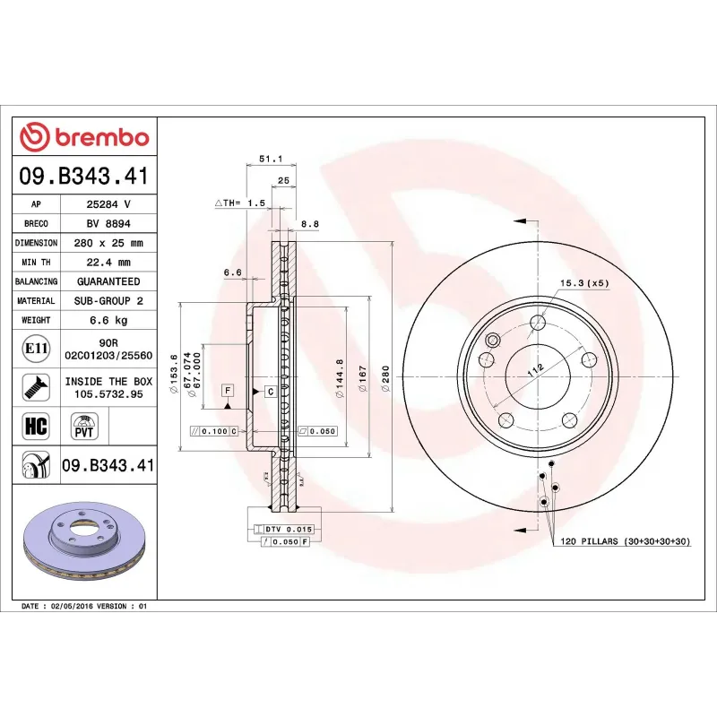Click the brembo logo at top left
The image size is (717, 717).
click(x=84, y=137)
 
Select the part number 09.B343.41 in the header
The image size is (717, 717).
click(x=84, y=176)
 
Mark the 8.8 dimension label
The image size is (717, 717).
click(x=310, y=225)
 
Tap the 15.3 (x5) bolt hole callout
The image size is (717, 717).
click(x=583, y=283)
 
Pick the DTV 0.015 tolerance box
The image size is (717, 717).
click(x=286, y=530)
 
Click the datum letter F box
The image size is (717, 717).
click(x=229, y=391)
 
